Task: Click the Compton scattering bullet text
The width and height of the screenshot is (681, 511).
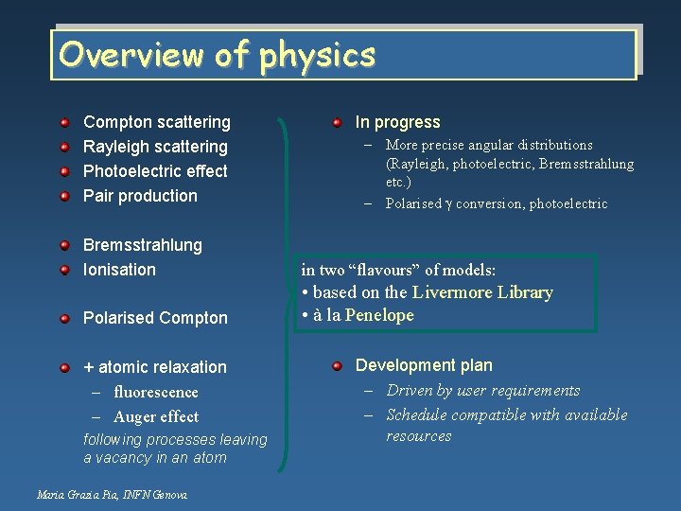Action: (157, 122)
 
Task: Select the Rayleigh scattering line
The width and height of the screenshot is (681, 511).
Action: (155, 147)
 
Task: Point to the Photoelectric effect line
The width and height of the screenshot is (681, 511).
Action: (155, 171)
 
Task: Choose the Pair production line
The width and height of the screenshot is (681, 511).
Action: (140, 196)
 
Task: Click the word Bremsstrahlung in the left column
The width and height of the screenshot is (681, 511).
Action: (143, 245)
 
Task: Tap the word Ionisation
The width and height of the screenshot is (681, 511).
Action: (119, 270)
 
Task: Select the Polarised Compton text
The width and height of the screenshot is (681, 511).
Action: (155, 318)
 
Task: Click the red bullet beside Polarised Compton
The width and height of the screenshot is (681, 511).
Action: (64, 318)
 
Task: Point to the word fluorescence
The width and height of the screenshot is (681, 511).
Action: (156, 392)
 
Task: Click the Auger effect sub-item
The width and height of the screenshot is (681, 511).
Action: (156, 416)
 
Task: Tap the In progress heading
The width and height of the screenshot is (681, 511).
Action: (397, 122)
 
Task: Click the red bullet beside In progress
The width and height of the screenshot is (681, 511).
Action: (337, 122)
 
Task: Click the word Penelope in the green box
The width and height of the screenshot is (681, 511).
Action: (379, 315)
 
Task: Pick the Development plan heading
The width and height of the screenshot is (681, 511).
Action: (424, 365)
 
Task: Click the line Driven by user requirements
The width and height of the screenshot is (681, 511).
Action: (483, 390)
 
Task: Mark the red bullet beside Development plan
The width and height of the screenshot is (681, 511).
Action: (337, 365)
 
